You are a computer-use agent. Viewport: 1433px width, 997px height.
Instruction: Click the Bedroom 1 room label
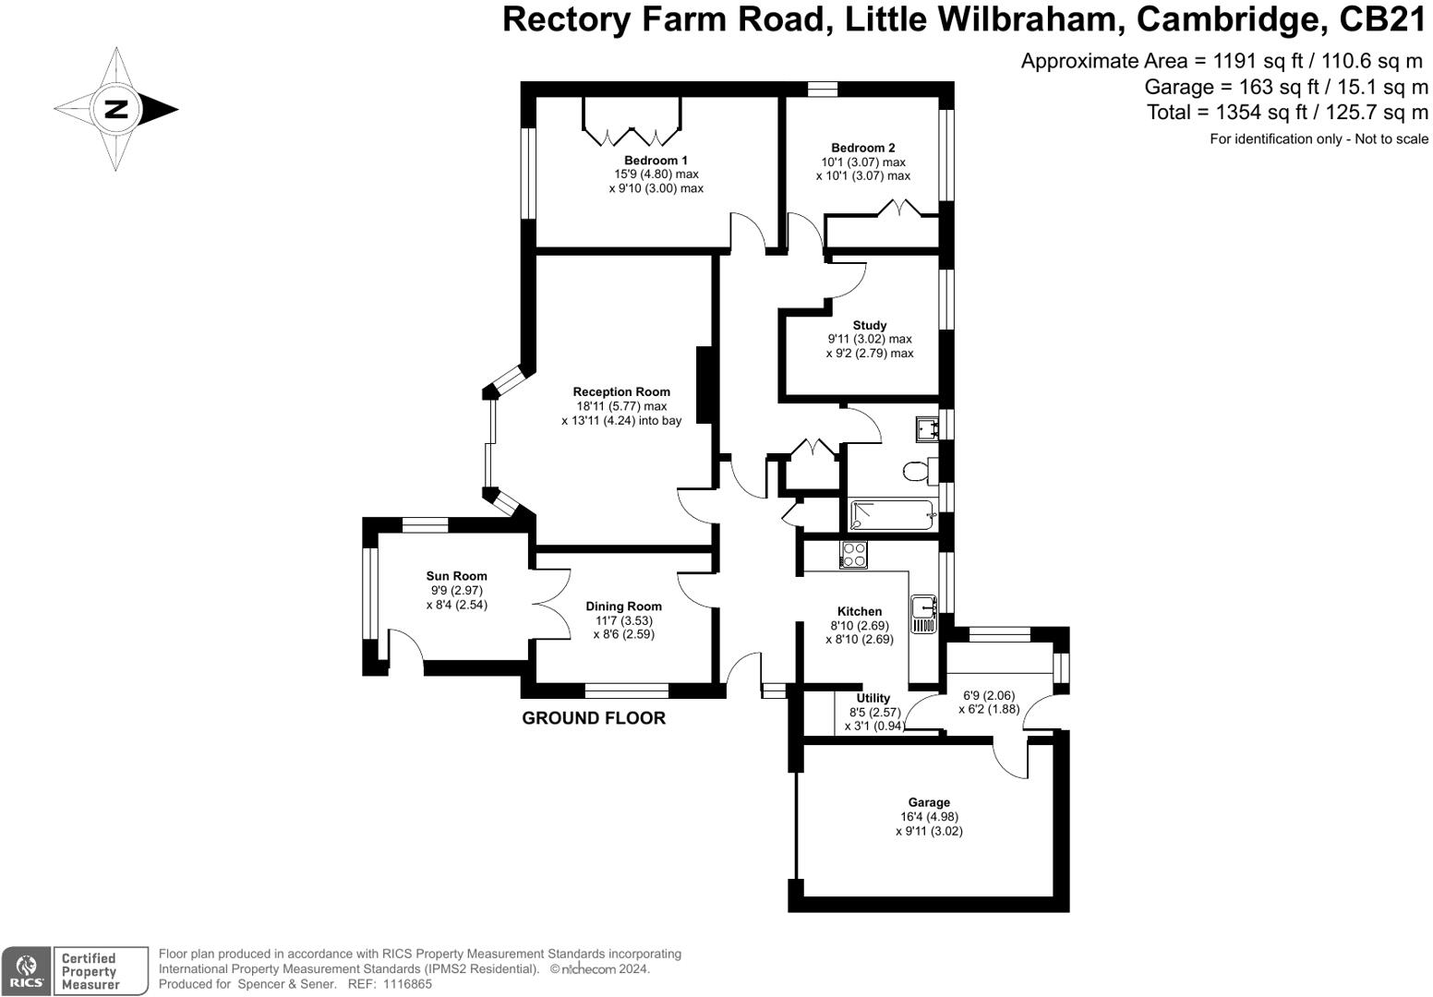pyautogui.click(x=656, y=161)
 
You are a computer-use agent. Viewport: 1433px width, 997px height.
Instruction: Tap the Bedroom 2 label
pyautogui.click(x=862, y=148)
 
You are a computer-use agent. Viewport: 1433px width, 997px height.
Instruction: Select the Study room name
pyautogui.click(x=869, y=325)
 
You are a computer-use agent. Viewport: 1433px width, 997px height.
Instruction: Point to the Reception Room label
pyautogui.click(x=620, y=391)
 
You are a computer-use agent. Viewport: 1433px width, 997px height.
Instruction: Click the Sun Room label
pyautogui.click(x=456, y=576)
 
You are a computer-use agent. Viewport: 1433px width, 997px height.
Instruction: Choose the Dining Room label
pyautogui.click(x=623, y=607)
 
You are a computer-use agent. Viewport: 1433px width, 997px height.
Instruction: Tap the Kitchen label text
pyautogui.click(x=859, y=611)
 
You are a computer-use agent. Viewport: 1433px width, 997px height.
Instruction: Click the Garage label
pyautogui.click(x=928, y=802)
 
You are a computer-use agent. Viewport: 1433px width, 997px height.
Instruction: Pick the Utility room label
pyautogui.click(x=873, y=698)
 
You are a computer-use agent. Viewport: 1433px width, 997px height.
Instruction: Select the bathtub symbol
pyautogui.click(x=892, y=515)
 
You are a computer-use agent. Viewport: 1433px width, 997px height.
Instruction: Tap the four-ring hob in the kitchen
pyautogui.click(x=854, y=555)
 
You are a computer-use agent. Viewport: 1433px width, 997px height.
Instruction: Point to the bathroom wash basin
pyautogui.click(x=927, y=428)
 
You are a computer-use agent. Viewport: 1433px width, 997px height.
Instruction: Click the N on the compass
pyautogui.click(x=116, y=109)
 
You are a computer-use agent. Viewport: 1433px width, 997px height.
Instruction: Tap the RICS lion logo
pyautogui.click(x=26, y=970)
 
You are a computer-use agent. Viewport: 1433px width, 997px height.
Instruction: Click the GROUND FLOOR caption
pyautogui.click(x=594, y=718)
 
